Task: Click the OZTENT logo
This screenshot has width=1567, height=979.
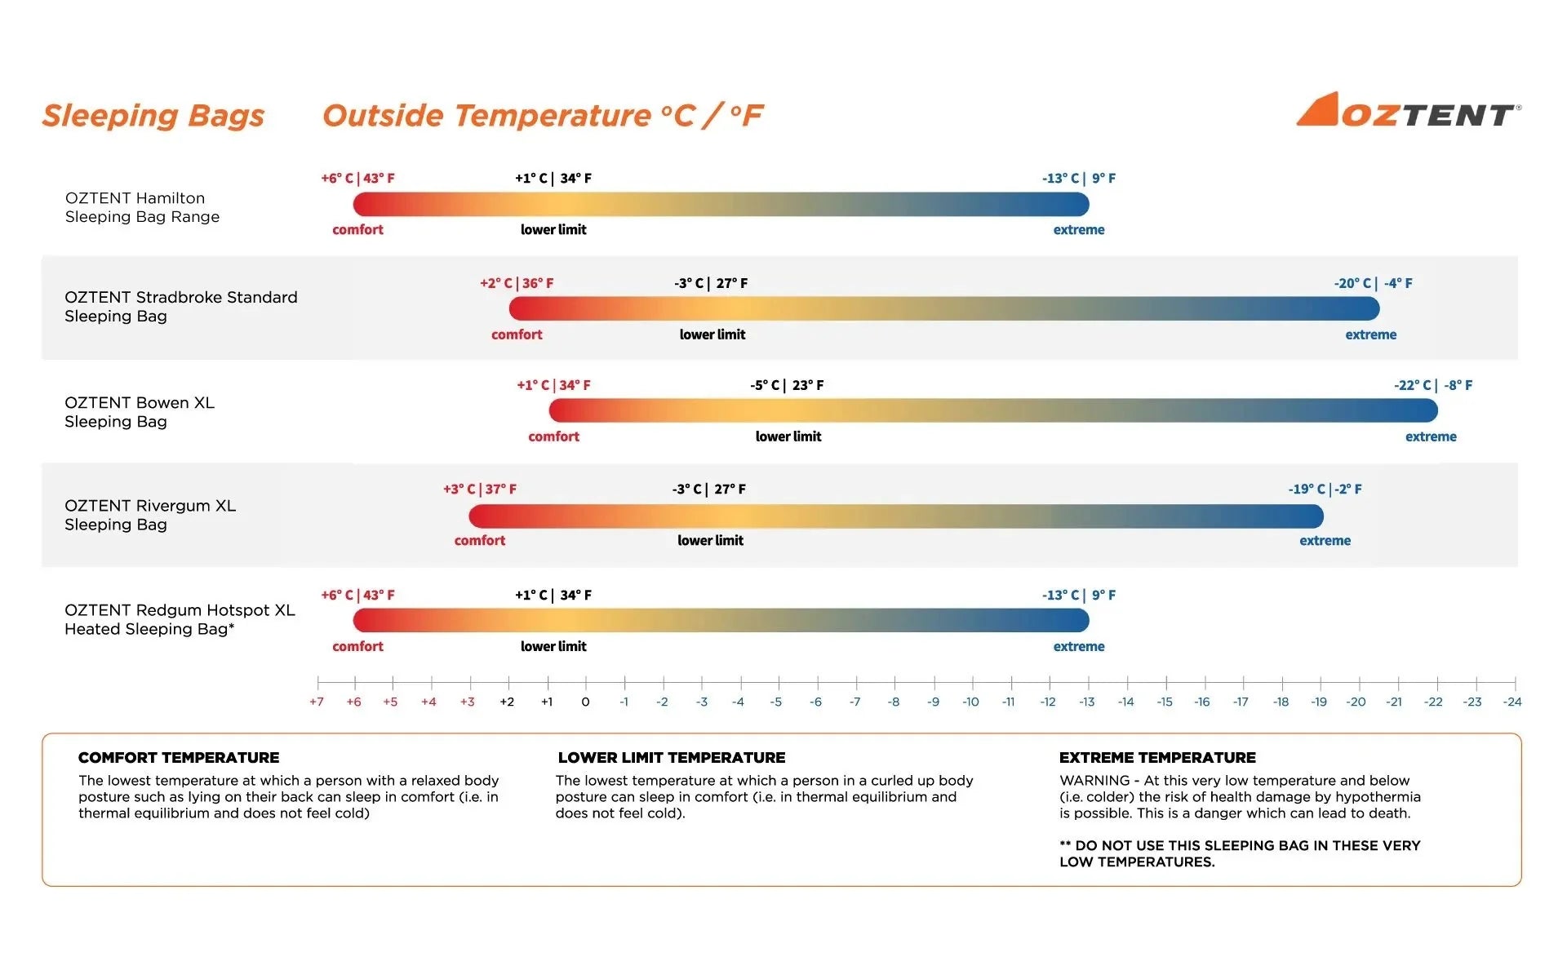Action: pos(1408,111)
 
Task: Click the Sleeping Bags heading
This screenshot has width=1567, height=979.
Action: pos(153,116)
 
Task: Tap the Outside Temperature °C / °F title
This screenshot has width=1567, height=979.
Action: pos(543,116)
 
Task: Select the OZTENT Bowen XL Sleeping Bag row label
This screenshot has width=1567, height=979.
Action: pos(140,412)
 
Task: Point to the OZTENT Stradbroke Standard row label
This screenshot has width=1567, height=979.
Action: pos(180,307)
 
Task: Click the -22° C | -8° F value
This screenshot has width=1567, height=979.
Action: pos(1432,385)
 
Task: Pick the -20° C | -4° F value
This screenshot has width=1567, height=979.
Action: pos(1373,283)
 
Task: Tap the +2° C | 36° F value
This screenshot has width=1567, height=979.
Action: pos(517,283)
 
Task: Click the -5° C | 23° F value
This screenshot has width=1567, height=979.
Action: pos(787,385)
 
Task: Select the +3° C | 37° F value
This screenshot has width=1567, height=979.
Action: pos(480,489)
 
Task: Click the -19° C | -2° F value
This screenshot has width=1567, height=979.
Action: pos(1325,489)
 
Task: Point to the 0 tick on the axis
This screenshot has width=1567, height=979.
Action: pos(585,702)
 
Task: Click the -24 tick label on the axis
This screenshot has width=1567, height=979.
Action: pos(1512,702)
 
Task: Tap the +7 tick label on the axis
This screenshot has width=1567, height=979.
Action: pos(317,702)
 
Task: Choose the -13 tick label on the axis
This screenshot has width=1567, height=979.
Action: pos(1086,702)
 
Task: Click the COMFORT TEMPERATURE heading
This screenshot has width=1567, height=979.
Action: pos(179,758)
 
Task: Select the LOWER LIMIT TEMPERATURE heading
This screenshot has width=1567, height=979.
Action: pos(671,758)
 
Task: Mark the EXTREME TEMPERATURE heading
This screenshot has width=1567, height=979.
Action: pos(1157,758)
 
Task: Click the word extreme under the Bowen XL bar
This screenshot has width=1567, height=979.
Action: pos(1431,436)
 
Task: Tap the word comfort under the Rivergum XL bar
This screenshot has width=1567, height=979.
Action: pos(480,540)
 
